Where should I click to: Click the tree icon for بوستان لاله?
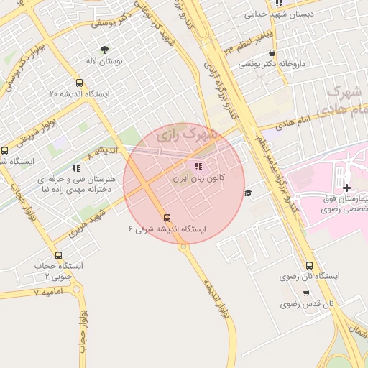coord(105,50)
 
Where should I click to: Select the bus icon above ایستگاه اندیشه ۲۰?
coord(79,83)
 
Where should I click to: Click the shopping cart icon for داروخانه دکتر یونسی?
coord(271,53)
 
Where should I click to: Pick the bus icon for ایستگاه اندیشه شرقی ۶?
coord(167,217)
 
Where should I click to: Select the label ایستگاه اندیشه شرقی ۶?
coord(167,229)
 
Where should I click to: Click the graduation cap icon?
coord(248,193)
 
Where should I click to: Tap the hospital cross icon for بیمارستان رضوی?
coord(347,187)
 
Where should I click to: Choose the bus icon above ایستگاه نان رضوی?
coord(309,264)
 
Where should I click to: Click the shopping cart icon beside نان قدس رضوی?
coord(306,293)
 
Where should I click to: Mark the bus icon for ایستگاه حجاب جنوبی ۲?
coord(58,255)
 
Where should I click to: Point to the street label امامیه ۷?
coord(48,292)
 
